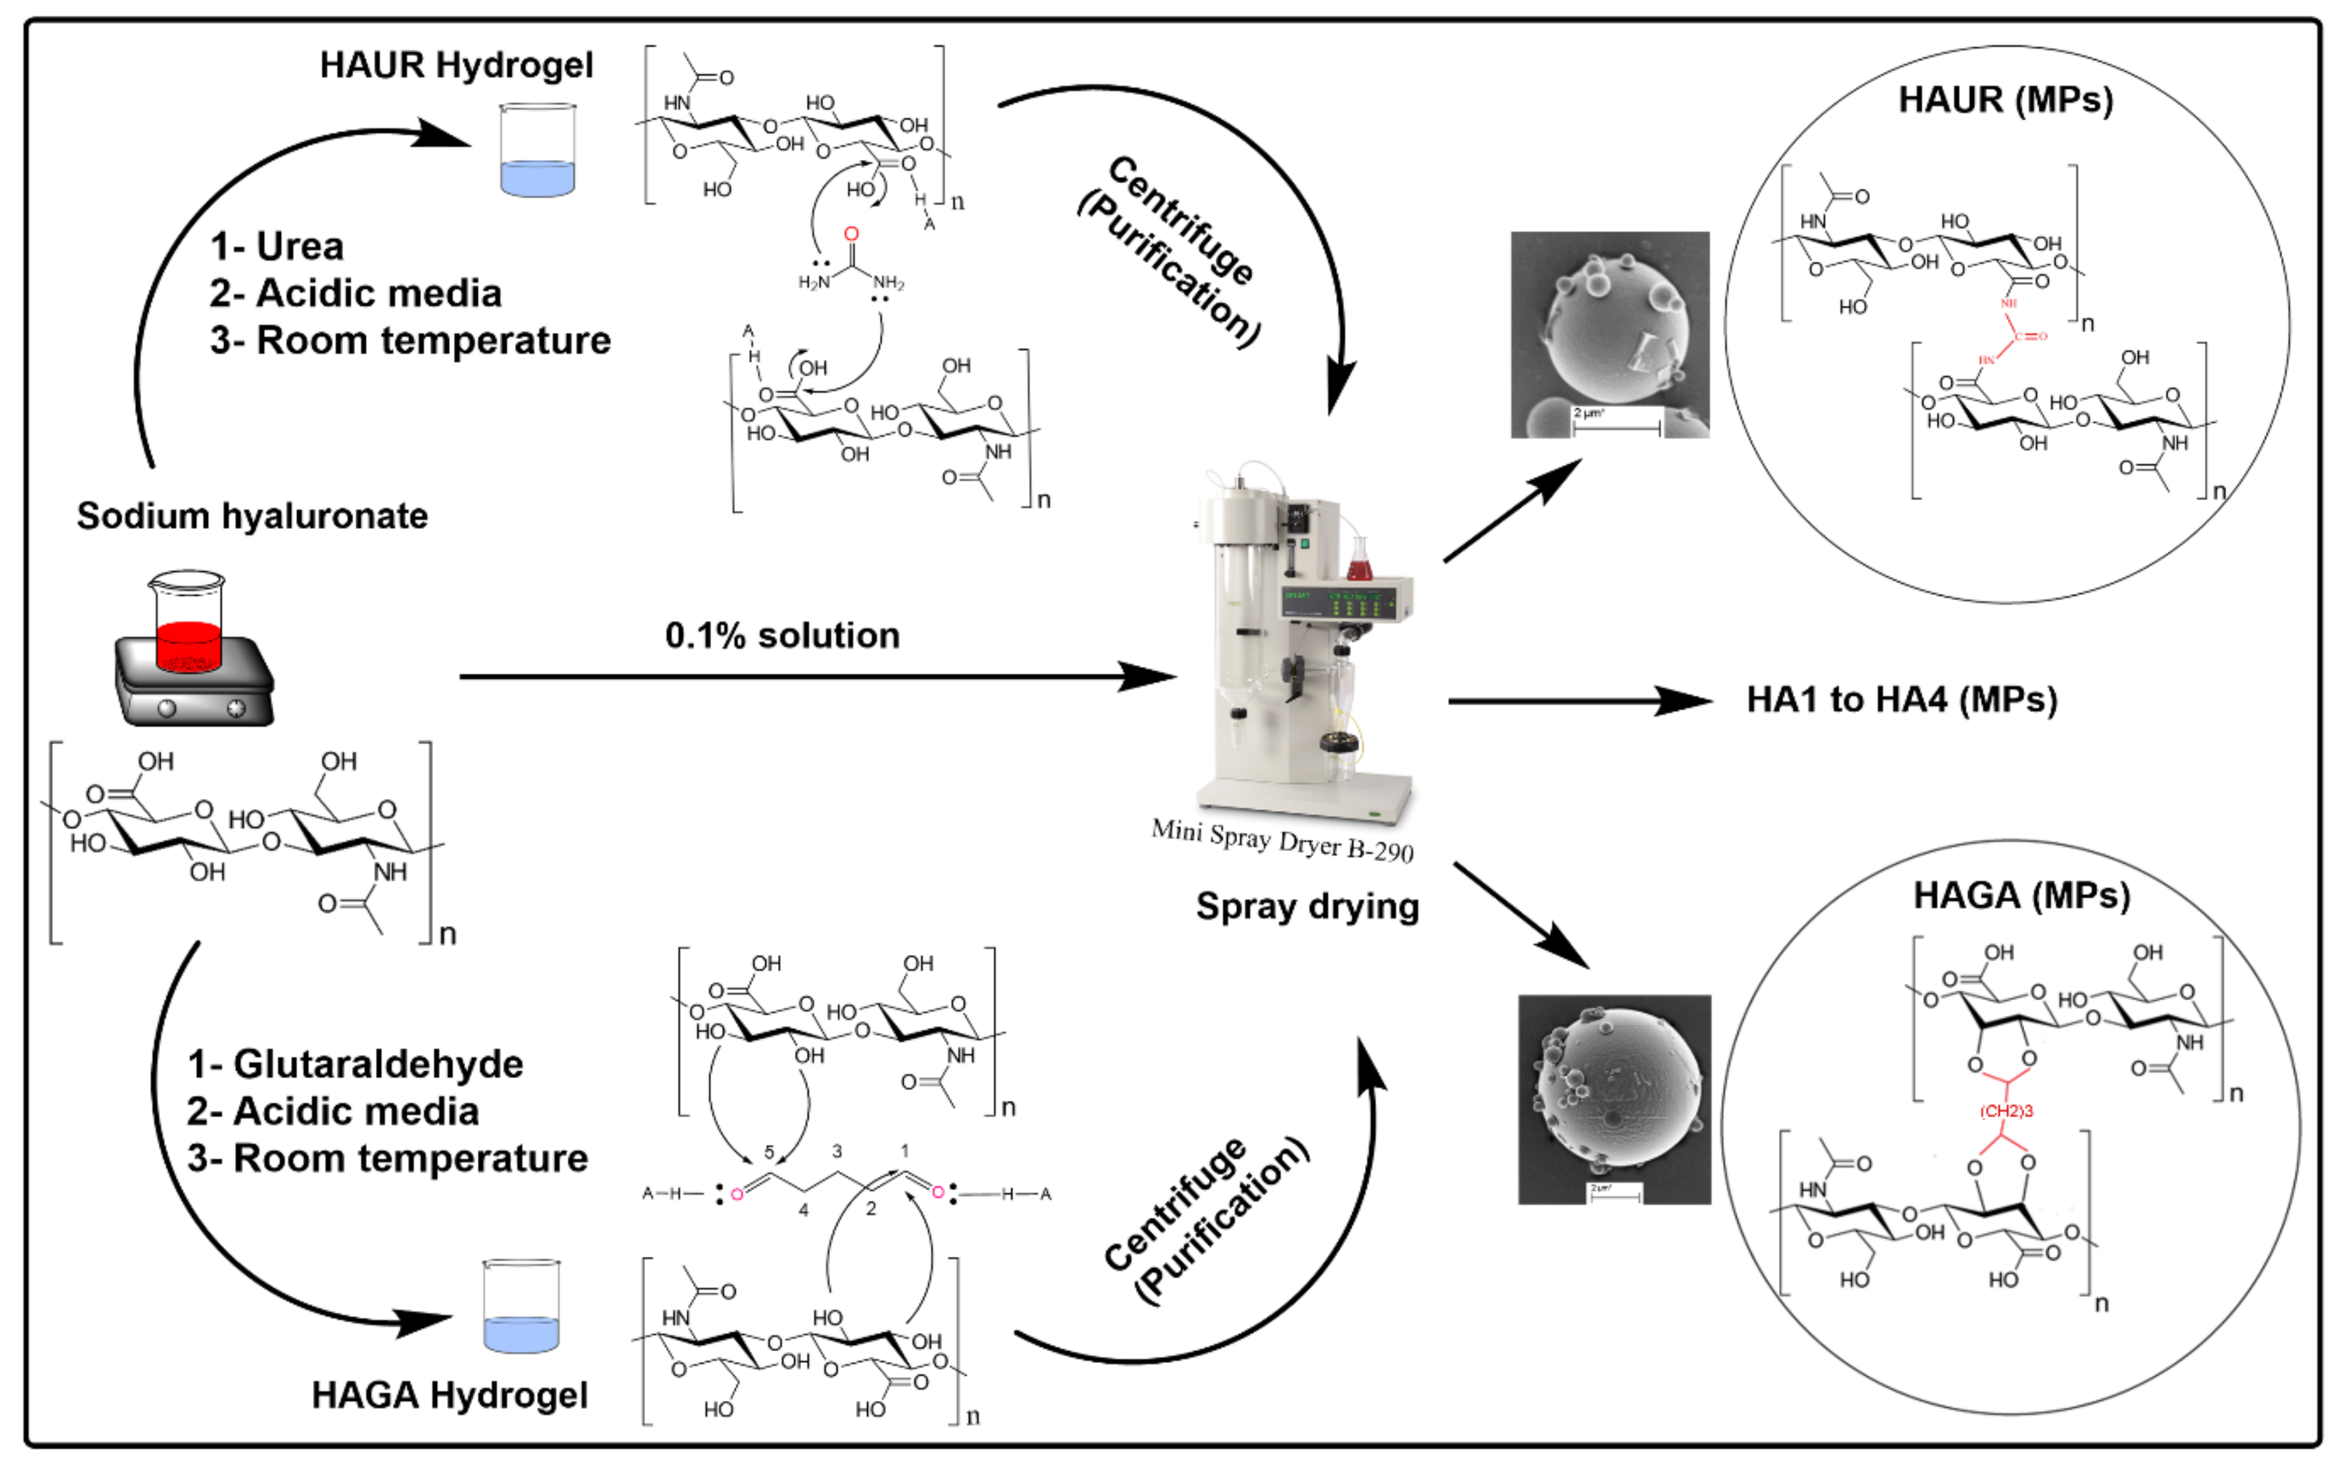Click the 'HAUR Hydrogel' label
[456, 65]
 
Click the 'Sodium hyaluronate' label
[252, 516]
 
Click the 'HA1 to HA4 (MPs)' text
[1901, 700]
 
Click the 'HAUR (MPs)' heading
[2005, 100]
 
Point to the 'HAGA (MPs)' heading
[2021, 895]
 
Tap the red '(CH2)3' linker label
[2006, 1111]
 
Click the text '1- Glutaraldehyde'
[355, 1065]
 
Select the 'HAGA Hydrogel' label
[449, 1395]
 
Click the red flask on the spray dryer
[1359, 563]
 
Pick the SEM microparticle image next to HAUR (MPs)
[1609, 335]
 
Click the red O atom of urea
[851, 234]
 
